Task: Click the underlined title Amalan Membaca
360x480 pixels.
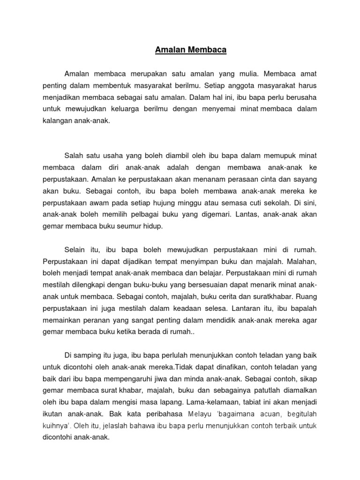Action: tap(191, 50)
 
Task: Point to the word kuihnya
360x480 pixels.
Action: tap(56, 425)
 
